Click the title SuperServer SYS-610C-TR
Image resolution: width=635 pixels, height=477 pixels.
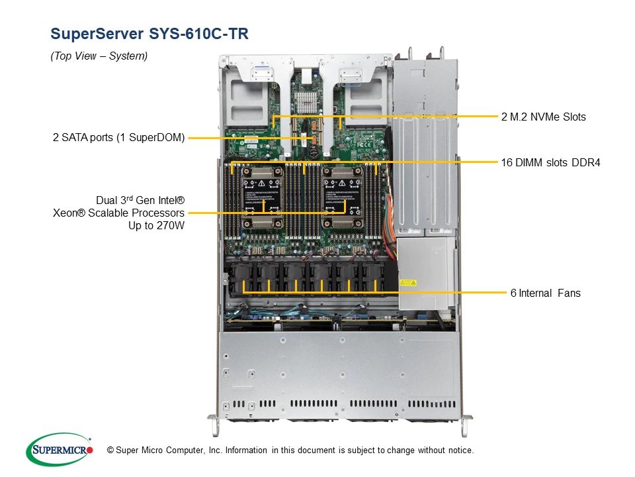[x=149, y=34]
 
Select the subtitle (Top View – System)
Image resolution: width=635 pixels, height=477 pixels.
[x=99, y=56]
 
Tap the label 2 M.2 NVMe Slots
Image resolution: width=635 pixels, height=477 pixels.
[x=543, y=117]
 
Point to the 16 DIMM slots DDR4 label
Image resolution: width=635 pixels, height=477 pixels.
[x=550, y=162]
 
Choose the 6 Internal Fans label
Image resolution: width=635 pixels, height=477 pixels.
[x=545, y=293]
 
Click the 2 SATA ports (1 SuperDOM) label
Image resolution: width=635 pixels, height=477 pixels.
[x=119, y=138]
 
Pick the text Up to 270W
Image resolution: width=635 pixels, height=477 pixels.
[x=156, y=225]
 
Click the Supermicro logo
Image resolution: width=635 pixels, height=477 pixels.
[x=59, y=450]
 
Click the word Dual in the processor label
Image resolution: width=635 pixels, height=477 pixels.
[x=108, y=199]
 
